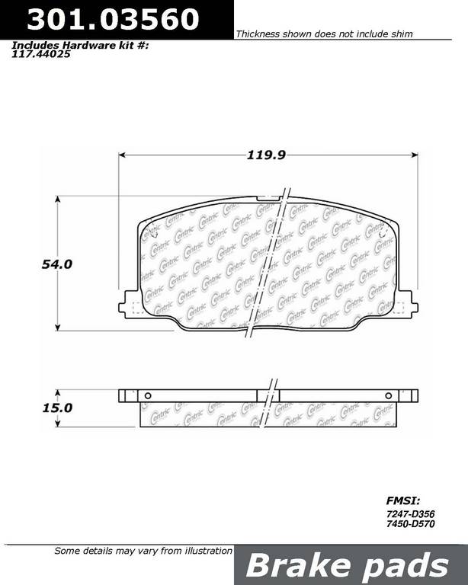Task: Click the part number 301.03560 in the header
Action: pos(113,19)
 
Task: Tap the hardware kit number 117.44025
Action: pos(41,55)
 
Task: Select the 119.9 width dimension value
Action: pos(266,155)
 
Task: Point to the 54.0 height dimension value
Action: pos(56,264)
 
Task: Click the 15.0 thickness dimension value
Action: pos(57,408)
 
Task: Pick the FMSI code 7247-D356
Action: pos(410,514)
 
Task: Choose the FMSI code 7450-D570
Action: pos(410,524)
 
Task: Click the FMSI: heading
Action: pos(402,500)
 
